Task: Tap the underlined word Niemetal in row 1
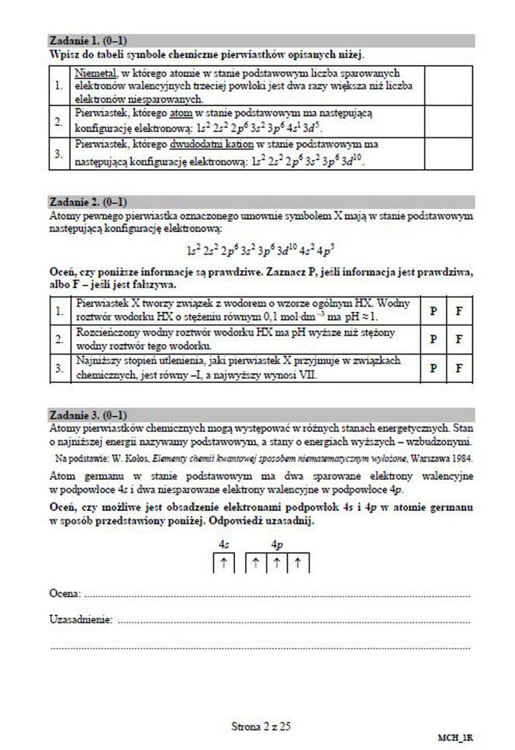(95, 73)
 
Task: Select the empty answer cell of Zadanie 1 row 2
(448, 120)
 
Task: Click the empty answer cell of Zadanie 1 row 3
(448, 153)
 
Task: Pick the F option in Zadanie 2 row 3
(459, 368)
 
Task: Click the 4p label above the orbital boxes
(278, 546)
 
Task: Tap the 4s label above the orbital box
(223, 546)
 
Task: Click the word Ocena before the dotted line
(65, 593)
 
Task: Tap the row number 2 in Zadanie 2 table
(58, 339)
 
